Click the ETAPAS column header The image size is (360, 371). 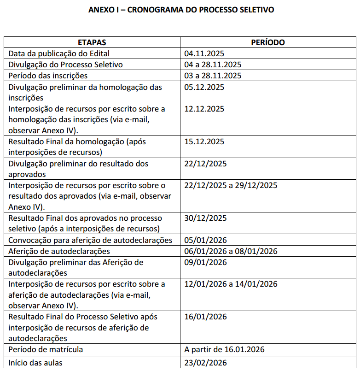tap(92, 42)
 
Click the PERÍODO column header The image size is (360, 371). tap(267, 42)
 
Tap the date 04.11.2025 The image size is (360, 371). tap(204, 53)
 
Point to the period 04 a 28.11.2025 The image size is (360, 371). tap(213, 65)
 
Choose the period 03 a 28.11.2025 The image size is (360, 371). tap(213, 76)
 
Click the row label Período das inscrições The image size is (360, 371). tap(48, 76)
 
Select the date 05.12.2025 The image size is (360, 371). tap(204, 87)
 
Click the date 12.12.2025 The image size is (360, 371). tap(204, 109)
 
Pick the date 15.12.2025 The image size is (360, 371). tap(204, 141)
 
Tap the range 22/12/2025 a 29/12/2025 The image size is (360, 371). tap(231, 185)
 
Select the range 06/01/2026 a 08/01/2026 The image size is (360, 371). tap(231, 251)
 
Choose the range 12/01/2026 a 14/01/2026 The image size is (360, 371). tap(231, 284)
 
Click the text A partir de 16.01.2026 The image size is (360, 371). tap(224, 350)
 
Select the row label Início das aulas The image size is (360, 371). tap(35, 363)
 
